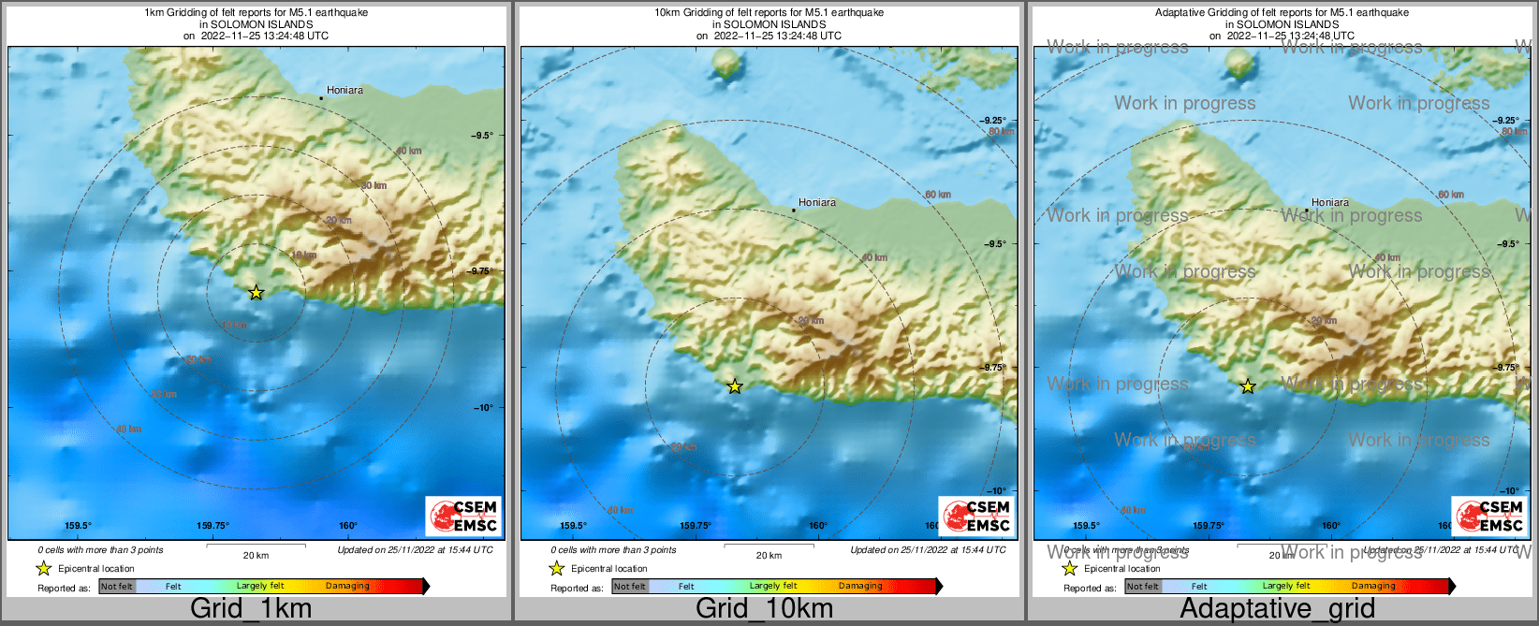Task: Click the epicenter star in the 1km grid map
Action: [256, 293]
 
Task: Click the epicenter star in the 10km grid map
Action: [735, 386]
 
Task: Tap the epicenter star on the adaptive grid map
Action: [1248, 386]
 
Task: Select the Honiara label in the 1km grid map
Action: [344, 90]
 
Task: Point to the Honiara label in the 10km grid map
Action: [817, 202]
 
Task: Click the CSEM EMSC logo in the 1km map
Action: [463, 516]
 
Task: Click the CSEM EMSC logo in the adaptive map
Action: [1488, 516]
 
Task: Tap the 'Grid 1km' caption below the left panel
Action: [250, 608]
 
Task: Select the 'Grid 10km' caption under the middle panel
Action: [764, 608]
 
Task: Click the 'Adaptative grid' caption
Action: [1277, 608]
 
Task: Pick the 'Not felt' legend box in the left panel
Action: [117, 587]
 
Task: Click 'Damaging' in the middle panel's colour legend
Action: [860, 587]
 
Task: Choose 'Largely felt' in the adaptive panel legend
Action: [1286, 587]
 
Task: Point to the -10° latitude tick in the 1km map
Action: [483, 407]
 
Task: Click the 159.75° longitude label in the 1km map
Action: [213, 526]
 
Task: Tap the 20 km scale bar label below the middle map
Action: [769, 556]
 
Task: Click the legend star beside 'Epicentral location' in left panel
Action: [43, 568]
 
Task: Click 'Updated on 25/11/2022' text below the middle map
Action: [927, 550]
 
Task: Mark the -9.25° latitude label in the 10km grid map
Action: [993, 121]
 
